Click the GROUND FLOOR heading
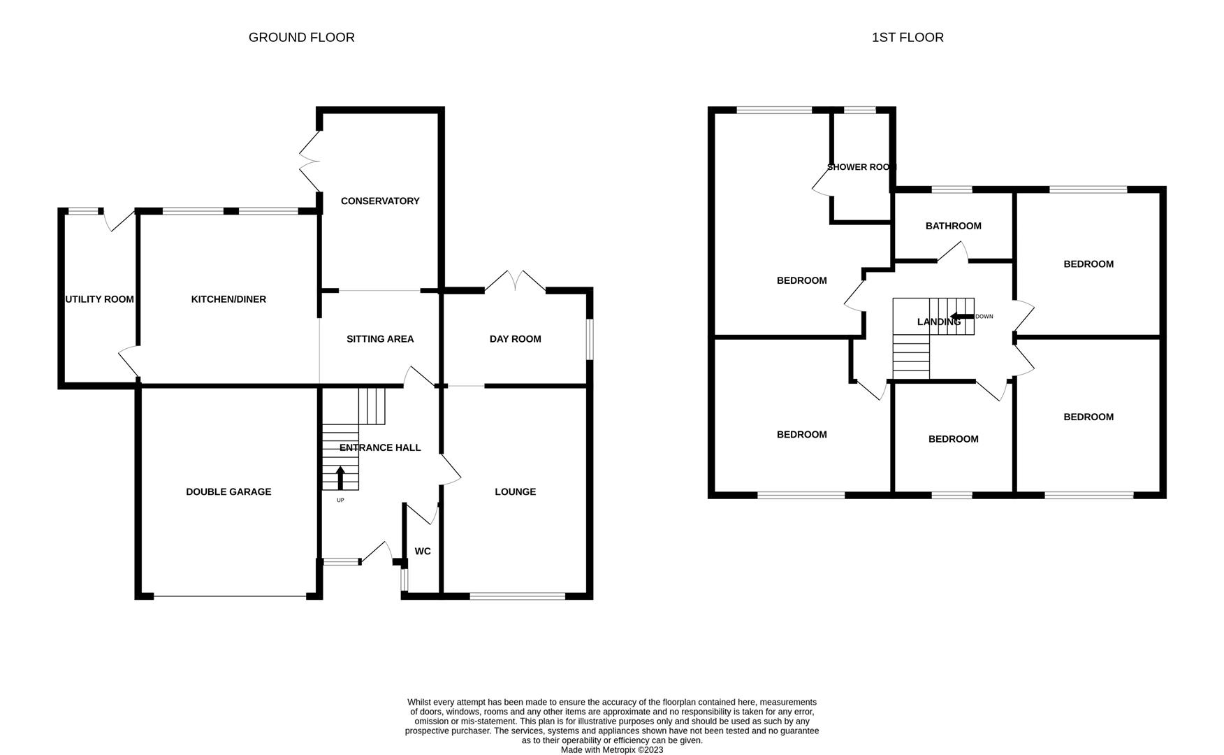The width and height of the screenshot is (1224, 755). (301, 38)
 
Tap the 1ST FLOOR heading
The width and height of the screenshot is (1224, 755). (908, 38)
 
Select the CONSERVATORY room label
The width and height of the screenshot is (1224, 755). (380, 201)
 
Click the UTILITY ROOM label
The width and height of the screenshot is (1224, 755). (99, 299)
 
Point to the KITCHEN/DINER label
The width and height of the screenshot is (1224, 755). (228, 299)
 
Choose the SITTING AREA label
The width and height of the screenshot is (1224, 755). (380, 339)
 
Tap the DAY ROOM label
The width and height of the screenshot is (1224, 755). (516, 339)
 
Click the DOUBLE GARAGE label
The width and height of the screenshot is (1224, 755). (228, 492)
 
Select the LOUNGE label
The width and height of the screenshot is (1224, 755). (516, 492)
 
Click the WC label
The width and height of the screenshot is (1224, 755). (423, 552)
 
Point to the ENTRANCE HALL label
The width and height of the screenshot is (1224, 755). (380, 447)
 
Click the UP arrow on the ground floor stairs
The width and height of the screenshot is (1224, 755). (340, 478)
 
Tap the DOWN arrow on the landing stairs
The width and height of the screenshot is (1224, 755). (962, 317)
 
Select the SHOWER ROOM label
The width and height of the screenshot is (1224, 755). (861, 167)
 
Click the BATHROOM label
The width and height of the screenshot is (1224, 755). (954, 226)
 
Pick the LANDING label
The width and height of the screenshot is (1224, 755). (939, 322)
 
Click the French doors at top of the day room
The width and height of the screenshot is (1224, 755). (516, 282)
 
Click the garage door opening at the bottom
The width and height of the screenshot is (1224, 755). (230, 596)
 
